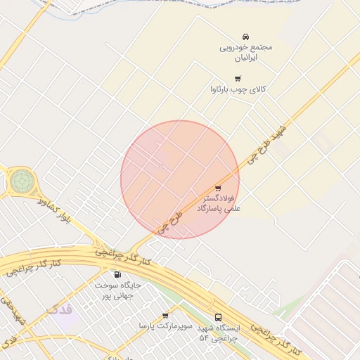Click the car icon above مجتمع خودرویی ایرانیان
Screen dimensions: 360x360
245,36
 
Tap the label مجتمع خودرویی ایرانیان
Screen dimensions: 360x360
245,51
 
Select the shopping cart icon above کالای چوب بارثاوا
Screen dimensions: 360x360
238,79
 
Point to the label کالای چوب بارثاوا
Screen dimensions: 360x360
238,89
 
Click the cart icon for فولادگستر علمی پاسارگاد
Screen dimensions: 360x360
218,188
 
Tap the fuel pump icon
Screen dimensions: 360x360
117,274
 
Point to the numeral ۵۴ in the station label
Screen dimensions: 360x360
205,338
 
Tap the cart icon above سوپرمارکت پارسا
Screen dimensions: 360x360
165,316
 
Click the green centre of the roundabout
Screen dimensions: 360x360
21,182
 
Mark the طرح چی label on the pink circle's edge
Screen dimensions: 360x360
169,221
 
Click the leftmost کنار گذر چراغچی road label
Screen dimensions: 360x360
34,268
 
